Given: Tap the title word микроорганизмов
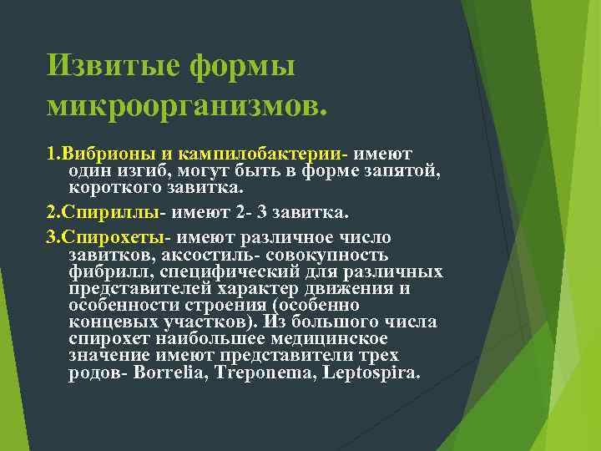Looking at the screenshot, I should click(188, 105).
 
